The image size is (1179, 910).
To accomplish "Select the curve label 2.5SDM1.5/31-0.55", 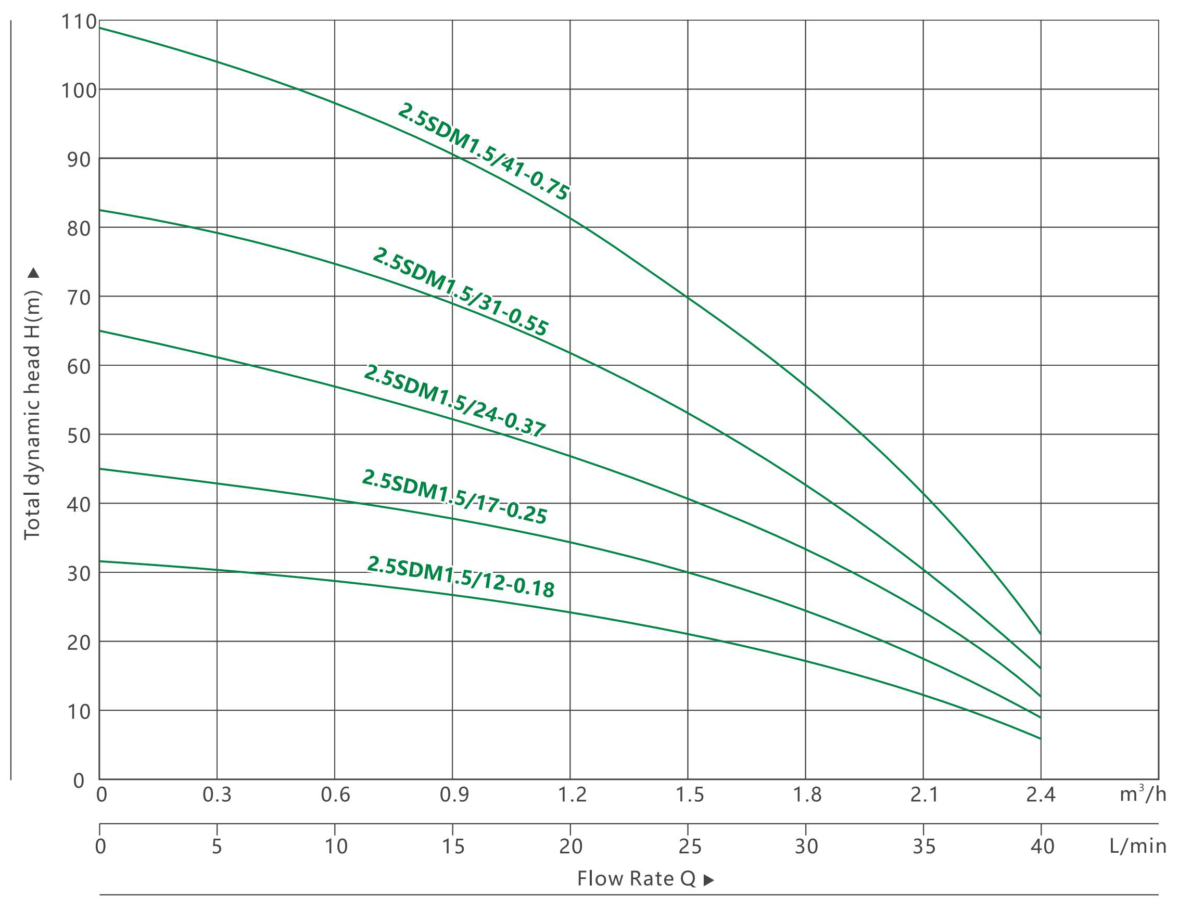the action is [461, 291].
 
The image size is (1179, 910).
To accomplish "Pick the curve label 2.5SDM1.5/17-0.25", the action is [454, 496].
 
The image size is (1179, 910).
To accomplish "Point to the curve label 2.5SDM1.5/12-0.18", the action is [461, 577].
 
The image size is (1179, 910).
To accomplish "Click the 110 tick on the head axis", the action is [79, 22].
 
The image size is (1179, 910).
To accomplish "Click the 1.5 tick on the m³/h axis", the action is [690, 794].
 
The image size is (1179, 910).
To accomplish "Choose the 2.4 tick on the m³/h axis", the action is [1041, 794].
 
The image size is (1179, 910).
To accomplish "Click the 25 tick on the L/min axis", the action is [690, 847].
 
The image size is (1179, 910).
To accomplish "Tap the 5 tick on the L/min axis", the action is [217, 847].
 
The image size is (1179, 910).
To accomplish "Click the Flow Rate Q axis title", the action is [637, 879].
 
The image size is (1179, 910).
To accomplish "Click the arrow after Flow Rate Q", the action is [709, 880].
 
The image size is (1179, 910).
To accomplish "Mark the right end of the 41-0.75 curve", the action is [1040, 634].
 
